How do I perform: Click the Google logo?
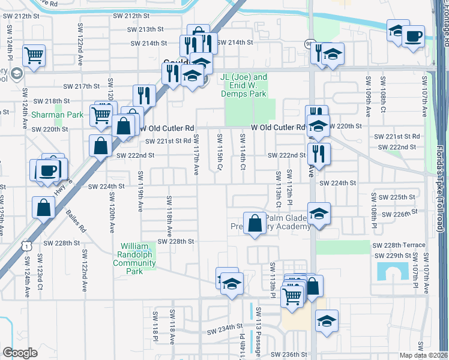click(x=19, y=353)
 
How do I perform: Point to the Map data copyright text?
click(x=424, y=355)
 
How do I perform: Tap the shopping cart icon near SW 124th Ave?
click(x=34, y=56)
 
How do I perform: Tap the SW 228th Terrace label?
click(x=399, y=245)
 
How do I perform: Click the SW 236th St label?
click(x=290, y=355)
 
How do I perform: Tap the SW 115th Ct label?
click(x=220, y=150)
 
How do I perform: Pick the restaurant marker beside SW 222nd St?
click(x=319, y=153)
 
